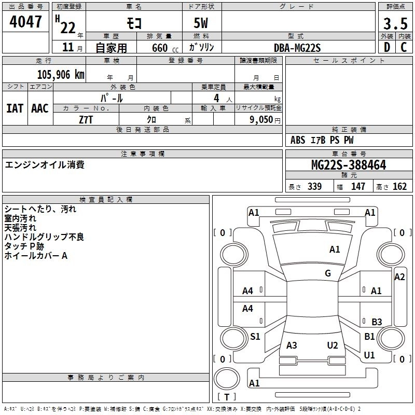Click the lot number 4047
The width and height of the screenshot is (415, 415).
26,22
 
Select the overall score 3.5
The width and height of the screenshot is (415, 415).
395,24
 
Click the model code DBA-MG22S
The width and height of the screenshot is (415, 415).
297,48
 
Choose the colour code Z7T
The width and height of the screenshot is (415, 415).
86,119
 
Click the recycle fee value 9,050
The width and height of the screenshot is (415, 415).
260,119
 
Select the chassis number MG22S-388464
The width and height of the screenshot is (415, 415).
349,165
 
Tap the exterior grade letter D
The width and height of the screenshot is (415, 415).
386,47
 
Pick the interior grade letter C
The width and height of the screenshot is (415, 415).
404,47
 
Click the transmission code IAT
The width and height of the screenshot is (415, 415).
15,108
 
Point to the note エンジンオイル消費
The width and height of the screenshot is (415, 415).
45,165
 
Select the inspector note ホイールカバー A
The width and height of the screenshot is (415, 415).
36,256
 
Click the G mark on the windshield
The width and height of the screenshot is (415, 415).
328,273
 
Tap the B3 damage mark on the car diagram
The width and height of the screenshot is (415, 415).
377,322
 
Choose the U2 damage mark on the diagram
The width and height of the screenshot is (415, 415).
333,345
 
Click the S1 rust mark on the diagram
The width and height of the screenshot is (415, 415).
255,337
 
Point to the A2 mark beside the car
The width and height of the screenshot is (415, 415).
399,277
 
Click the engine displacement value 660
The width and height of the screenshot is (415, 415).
159,48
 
